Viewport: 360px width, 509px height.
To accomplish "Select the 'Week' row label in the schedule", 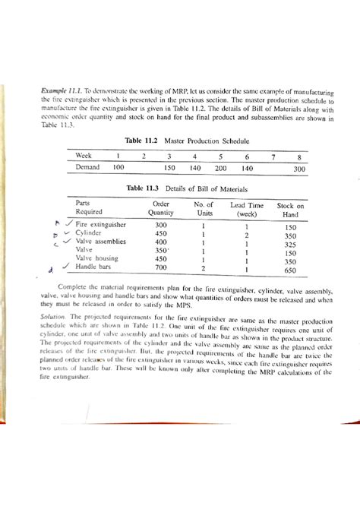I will pyautogui.click(x=84, y=155).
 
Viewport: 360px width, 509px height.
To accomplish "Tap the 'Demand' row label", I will pyautogui.click(x=90, y=167).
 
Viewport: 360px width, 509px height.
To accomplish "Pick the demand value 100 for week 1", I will pyautogui.click(x=118, y=167).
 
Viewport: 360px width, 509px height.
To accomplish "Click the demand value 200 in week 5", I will pyautogui.click(x=220, y=167).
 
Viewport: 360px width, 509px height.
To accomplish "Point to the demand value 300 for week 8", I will pyautogui.click(x=299, y=168).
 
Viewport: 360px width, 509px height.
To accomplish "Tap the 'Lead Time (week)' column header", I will pyautogui.click(x=247, y=210).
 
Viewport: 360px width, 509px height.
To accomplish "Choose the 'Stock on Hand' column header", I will pyautogui.click(x=290, y=210).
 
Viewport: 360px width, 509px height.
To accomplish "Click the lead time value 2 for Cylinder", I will pyautogui.click(x=247, y=236).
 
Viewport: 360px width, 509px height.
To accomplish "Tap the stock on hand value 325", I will pyautogui.click(x=290, y=246).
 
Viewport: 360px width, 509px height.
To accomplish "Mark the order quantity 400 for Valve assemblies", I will pyautogui.click(x=160, y=242).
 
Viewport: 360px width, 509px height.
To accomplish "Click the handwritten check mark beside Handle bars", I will pyautogui.click(x=67, y=266).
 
